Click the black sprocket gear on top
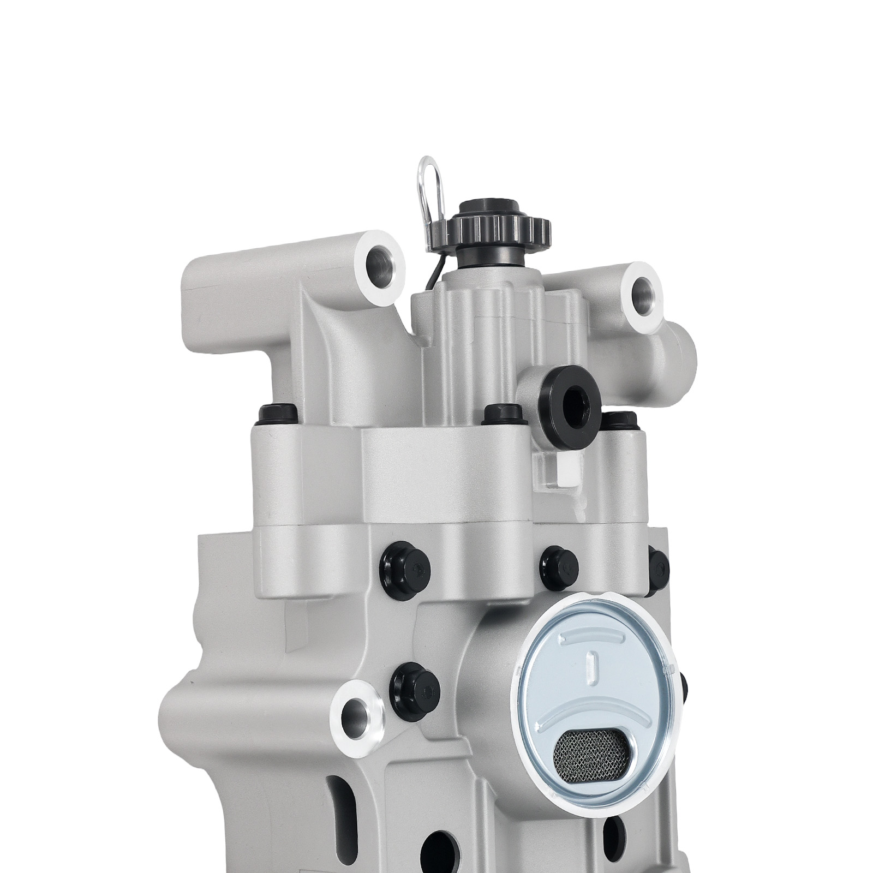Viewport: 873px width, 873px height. (x=502, y=228)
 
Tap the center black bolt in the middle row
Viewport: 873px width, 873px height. (x=559, y=567)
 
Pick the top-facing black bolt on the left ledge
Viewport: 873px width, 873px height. (x=278, y=415)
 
